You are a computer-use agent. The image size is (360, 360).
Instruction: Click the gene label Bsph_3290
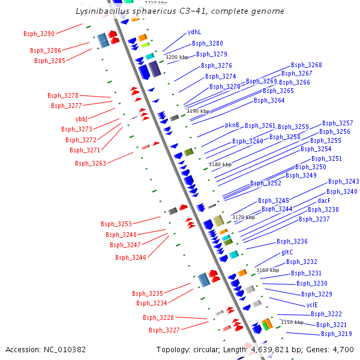pyautogui.click(x=38, y=34)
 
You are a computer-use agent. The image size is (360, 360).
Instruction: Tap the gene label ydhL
pyautogui.click(x=194, y=32)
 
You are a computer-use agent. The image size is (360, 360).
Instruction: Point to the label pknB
pyautogui.click(x=232, y=125)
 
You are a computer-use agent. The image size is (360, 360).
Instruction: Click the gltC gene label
pyautogui.click(x=287, y=253)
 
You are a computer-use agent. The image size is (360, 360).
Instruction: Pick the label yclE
pyautogui.click(x=312, y=305)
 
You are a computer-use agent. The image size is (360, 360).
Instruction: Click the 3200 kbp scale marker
pyautogui.click(x=176, y=57)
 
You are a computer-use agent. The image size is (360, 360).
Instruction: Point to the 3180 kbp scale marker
pyautogui.click(x=220, y=164)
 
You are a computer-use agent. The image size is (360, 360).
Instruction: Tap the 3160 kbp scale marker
pyautogui.click(x=267, y=270)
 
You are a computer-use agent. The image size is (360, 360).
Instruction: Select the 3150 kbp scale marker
pyautogui.click(x=292, y=322)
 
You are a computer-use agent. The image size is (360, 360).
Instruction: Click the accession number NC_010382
pyautogui.click(x=46, y=349)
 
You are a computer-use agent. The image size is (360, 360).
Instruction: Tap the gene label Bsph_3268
pyautogui.click(x=306, y=65)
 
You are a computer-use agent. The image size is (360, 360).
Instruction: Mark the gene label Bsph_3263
pyautogui.click(x=90, y=163)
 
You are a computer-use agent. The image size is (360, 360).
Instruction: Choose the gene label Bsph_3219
pyautogui.click(x=336, y=334)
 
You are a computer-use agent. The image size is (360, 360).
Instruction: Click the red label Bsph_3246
pyautogui.click(x=130, y=257)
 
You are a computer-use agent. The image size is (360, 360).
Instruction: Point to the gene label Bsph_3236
pyautogui.click(x=292, y=241)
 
